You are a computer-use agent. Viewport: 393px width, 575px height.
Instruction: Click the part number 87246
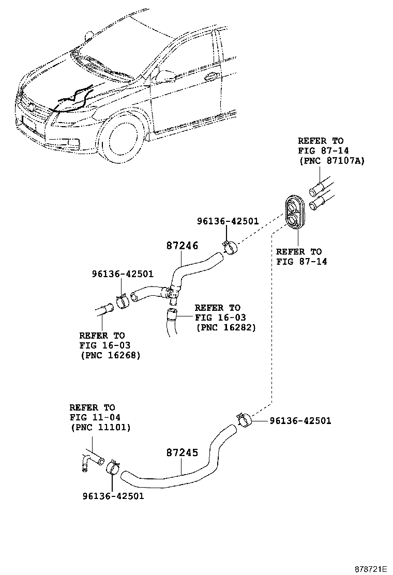click(182, 247)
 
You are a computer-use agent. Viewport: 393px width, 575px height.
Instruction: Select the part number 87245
click(182, 453)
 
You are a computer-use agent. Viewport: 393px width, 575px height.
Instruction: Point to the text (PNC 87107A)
click(331, 161)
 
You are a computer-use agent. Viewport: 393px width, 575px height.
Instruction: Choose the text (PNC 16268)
click(110, 355)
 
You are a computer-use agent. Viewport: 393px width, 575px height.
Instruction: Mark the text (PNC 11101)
click(100, 428)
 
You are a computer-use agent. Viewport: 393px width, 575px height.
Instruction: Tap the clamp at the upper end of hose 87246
click(229, 247)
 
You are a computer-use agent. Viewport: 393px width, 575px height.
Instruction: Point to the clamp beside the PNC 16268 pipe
click(122, 300)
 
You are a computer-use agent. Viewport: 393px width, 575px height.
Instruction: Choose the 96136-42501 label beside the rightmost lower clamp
click(300, 421)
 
